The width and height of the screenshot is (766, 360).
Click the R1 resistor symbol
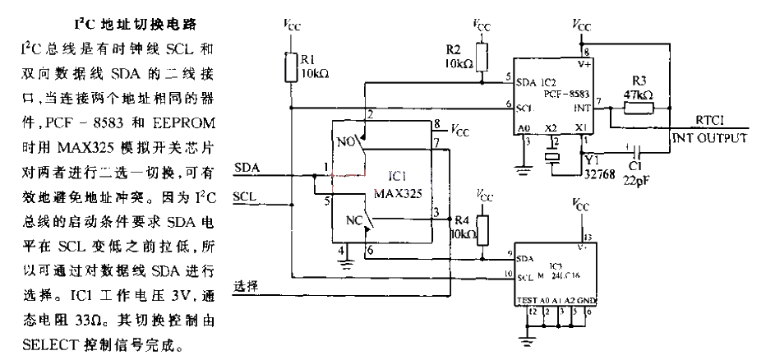point(291,67)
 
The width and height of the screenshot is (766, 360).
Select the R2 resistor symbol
point(480,56)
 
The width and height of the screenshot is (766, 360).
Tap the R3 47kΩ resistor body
point(638,108)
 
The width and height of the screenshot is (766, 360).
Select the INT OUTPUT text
point(709,137)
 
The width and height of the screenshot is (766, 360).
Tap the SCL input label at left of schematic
point(247,197)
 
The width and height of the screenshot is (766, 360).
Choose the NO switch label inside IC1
point(346,140)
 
